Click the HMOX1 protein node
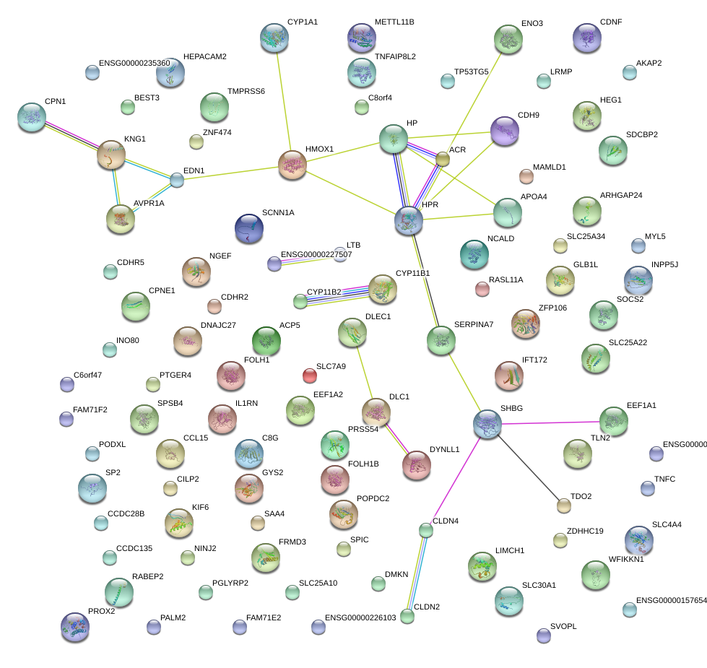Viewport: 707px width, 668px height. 292,165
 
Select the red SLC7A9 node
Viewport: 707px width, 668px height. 310,376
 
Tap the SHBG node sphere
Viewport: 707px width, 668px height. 487,425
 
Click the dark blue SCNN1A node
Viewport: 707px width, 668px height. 249,228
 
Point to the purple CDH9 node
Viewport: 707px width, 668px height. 504,131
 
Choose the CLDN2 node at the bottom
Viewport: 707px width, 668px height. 407,616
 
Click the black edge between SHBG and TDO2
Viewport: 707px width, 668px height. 526,465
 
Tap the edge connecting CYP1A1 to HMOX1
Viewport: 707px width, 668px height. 285,101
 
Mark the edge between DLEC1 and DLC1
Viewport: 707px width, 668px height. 364,373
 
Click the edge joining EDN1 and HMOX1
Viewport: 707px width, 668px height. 231,174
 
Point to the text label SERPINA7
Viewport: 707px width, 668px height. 474,324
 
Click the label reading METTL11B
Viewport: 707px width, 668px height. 394,22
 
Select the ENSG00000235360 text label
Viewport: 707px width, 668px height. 134,64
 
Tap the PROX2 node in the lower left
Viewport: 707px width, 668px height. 75,627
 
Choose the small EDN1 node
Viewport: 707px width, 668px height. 177,180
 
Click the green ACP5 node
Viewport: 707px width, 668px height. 266,341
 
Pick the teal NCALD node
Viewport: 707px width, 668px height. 474,253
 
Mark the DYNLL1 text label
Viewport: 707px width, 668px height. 445,450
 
